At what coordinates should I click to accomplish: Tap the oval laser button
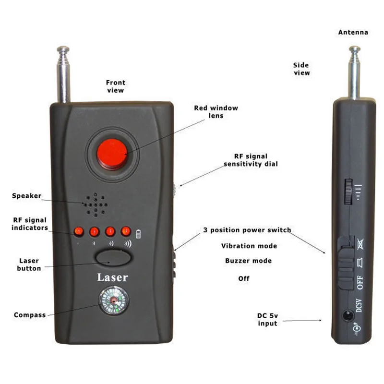[113, 258]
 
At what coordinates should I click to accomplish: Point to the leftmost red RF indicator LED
[79, 232]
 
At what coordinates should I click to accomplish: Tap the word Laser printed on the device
[113, 277]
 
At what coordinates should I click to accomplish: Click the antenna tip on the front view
[62, 49]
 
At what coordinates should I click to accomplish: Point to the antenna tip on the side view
[354, 49]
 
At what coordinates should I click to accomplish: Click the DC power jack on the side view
[346, 315]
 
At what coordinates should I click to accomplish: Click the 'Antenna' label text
[353, 32]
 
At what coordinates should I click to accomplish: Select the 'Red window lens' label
[216, 112]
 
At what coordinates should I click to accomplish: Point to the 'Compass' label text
[30, 315]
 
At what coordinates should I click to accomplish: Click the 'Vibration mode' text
[249, 246]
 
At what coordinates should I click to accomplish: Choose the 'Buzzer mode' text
[248, 261]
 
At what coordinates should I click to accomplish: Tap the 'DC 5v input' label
[267, 319]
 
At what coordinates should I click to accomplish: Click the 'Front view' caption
[115, 86]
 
